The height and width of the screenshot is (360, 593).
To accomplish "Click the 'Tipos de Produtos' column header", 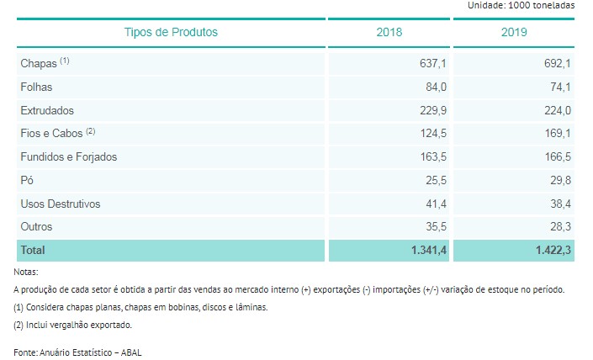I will coord(171,32).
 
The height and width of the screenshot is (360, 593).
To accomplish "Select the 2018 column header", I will coord(389,32).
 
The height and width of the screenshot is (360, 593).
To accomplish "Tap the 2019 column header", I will coord(515,32).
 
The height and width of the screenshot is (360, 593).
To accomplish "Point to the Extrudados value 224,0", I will coord(558,110).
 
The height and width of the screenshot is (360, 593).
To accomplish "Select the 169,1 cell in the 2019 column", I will coord(558,132).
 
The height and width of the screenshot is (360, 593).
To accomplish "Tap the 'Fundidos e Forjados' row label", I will coord(68,156).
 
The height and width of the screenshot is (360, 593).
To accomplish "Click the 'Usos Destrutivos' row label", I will coord(60,204).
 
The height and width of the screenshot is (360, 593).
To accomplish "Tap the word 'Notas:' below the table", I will coord(26,272).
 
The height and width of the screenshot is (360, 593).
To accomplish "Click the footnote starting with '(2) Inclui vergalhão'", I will coord(72,325).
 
